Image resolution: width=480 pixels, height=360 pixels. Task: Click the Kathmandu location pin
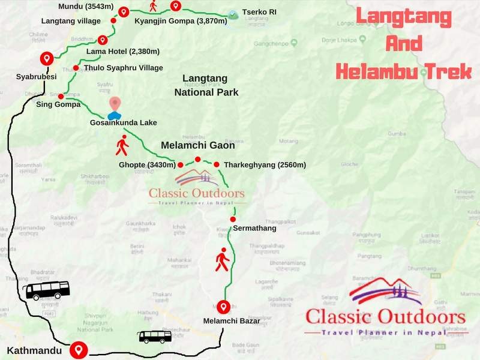[78, 349]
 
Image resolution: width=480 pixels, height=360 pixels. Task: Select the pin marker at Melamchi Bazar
[224, 307]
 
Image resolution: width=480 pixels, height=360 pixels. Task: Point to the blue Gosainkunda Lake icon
[113, 114]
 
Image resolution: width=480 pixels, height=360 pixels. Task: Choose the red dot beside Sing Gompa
[61, 96]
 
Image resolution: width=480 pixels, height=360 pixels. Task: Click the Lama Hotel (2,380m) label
[115, 52]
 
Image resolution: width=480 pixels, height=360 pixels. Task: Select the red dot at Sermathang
[233, 220]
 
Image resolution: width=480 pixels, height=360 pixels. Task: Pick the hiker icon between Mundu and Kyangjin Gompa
[153, 7]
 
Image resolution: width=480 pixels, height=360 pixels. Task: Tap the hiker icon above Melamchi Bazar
[223, 259]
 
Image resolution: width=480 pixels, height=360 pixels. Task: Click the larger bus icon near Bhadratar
[47, 290]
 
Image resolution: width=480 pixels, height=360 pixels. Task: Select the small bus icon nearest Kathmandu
[155, 337]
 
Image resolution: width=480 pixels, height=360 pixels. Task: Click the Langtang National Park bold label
[206, 85]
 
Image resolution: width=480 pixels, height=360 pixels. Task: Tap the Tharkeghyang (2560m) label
[265, 164]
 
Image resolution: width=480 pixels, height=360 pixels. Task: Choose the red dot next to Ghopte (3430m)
[180, 164]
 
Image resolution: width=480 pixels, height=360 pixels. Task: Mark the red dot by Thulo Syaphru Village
[76, 68]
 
